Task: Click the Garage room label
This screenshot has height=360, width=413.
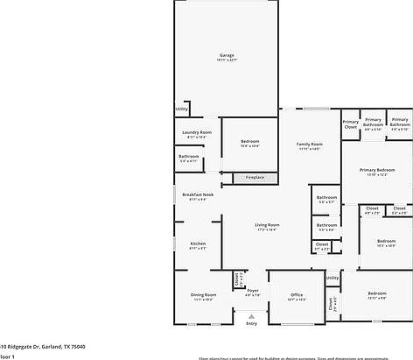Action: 227,57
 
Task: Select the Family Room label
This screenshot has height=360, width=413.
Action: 310,145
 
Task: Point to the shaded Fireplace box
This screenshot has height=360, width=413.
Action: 255,178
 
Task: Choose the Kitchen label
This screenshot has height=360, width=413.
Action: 198,245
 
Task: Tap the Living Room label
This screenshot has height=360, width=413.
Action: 267,227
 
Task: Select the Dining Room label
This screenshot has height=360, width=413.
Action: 203,296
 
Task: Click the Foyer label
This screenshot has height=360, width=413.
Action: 252,292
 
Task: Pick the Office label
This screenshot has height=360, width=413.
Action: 297,296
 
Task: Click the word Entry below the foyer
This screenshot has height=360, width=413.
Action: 252,323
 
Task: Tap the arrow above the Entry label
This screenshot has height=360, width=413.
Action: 252,315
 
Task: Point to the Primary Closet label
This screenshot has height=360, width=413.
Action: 350,124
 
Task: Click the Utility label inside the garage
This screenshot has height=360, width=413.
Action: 181,109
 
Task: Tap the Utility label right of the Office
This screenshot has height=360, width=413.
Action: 332,278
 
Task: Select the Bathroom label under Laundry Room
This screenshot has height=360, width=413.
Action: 189,158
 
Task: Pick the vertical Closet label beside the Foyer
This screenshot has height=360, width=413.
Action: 236,279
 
